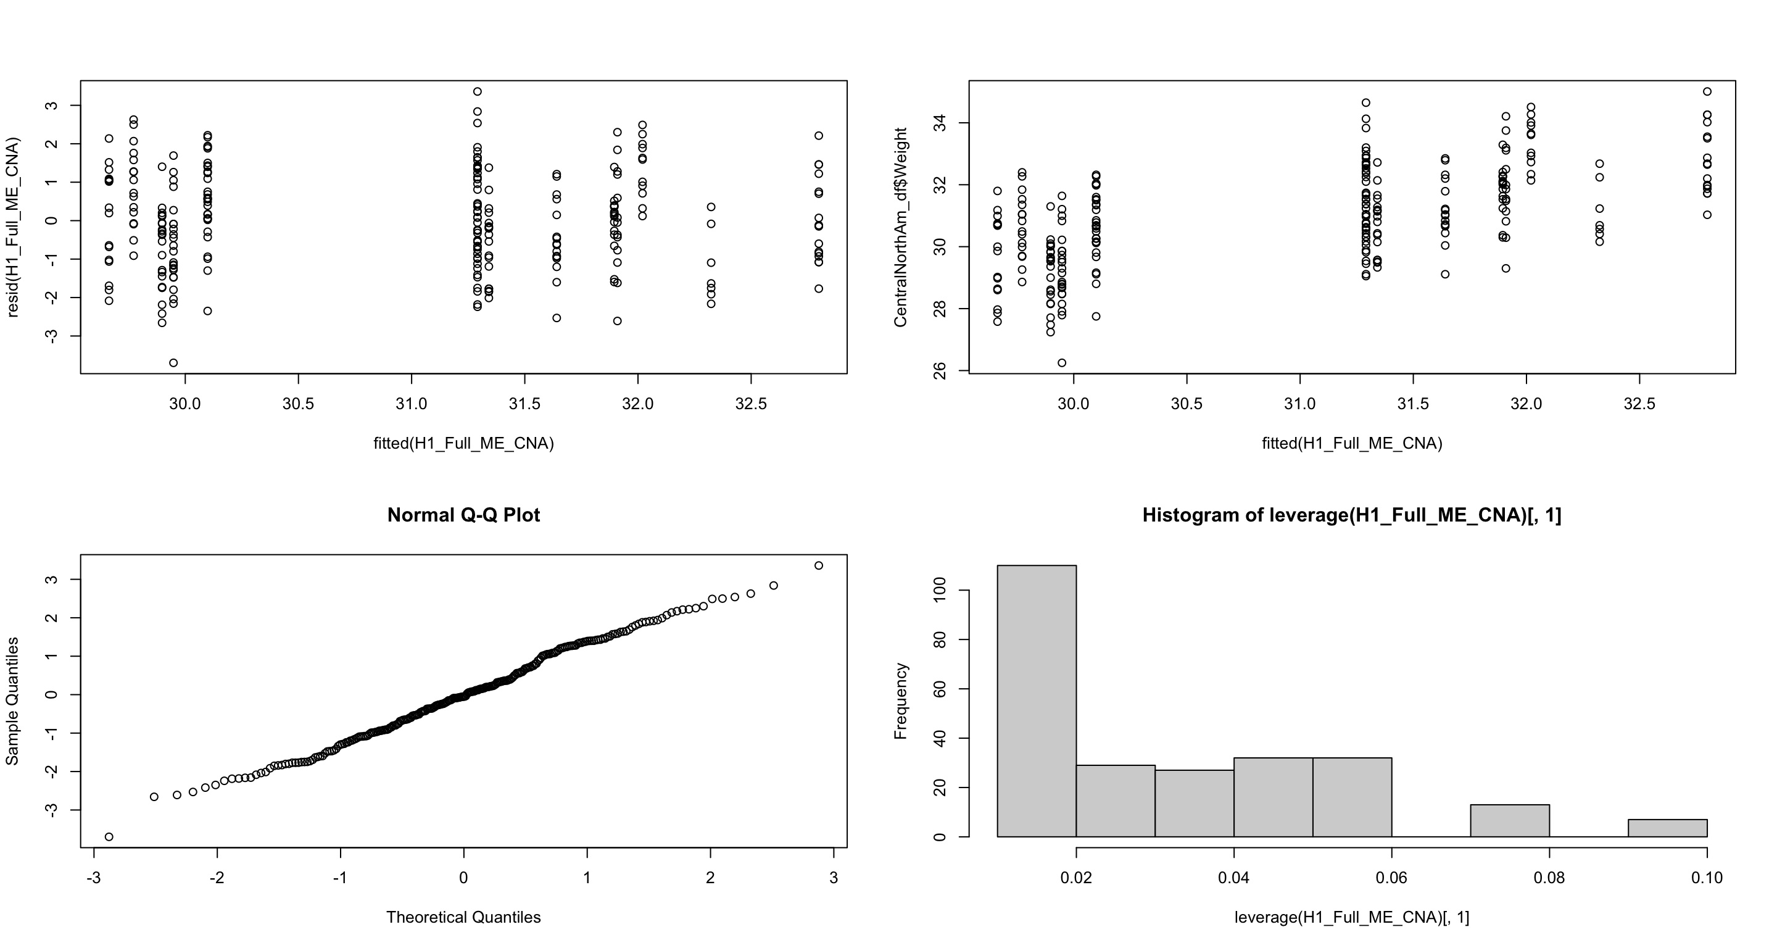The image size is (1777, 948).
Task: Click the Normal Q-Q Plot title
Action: point(463,515)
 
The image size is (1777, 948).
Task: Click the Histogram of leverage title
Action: point(1351,515)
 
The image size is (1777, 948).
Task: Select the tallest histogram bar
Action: point(1036,701)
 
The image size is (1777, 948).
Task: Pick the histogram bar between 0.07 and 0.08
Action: point(1509,820)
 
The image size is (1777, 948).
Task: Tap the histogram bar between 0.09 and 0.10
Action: point(1667,828)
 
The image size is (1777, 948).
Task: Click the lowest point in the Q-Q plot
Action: point(109,837)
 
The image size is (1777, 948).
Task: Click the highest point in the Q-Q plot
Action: point(819,566)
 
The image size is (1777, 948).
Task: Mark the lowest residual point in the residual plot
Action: point(174,363)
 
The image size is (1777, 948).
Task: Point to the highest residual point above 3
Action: point(478,92)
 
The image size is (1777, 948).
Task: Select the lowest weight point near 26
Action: point(1062,363)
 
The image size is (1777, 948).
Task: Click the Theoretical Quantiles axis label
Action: point(463,917)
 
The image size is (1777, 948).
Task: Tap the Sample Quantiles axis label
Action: point(12,701)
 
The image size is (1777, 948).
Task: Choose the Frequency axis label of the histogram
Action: point(900,701)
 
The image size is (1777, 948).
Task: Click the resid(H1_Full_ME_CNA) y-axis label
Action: point(12,227)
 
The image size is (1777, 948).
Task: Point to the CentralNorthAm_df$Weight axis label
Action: point(900,227)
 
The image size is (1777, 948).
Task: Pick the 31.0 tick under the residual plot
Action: point(411,404)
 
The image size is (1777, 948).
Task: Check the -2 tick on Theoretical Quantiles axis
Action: point(217,878)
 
